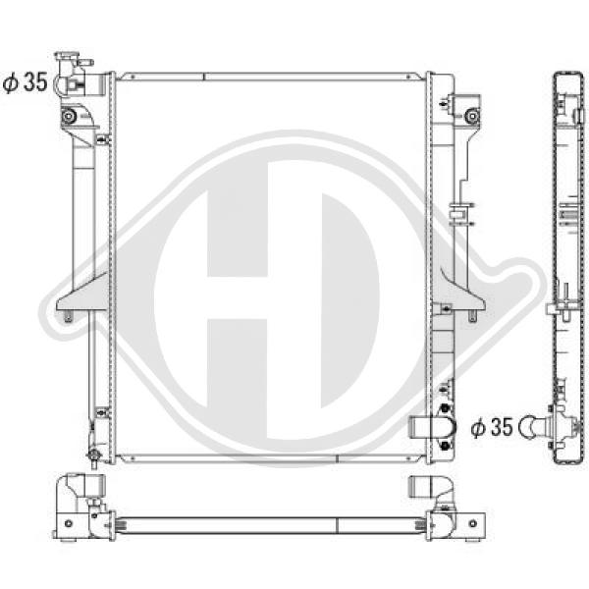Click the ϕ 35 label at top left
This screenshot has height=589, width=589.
[x=26, y=82]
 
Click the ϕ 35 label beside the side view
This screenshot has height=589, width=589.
[x=492, y=427]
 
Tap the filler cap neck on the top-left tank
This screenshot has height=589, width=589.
[x=67, y=63]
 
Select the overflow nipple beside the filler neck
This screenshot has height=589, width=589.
[x=86, y=62]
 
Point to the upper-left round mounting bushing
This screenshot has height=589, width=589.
[x=69, y=117]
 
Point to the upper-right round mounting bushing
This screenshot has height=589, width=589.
[x=471, y=116]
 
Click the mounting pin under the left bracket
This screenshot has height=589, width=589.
[x=68, y=316]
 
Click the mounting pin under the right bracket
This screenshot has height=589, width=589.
[x=472, y=316]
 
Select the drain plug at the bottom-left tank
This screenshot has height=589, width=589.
[x=93, y=456]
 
